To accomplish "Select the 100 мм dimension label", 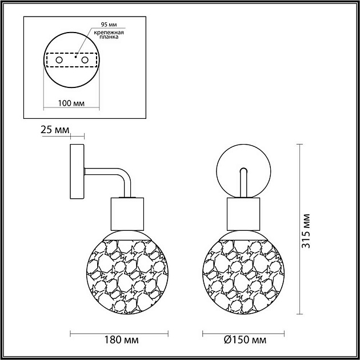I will (x=72, y=103).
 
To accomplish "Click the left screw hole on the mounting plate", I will (x=58, y=59).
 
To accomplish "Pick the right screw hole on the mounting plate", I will (x=85, y=59).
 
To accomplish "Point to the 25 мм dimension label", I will (x=53, y=130).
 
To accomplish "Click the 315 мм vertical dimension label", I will (x=308, y=230).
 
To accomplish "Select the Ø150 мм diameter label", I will (x=244, y=341).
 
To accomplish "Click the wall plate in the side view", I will (x=77, y=172).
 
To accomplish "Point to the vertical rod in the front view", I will (x=242, y=183).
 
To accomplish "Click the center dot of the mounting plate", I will (x=76, y=57).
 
